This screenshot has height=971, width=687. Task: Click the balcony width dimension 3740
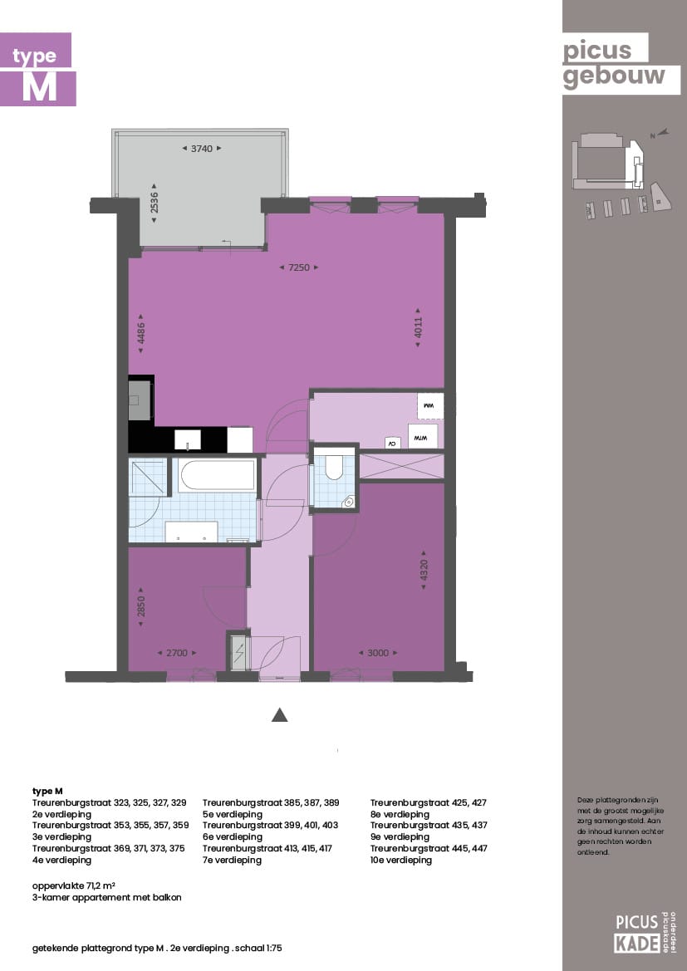[202, 149]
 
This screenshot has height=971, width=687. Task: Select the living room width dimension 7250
[299, 267]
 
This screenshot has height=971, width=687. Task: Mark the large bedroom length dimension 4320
[424, 571]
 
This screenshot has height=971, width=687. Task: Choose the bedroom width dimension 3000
[378, 653]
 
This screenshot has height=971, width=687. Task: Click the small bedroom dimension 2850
[141, 611]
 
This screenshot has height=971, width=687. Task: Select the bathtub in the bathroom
[217, 475]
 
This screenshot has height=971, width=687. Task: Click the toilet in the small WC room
[334, 466]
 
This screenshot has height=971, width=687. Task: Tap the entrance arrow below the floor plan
[280, 714]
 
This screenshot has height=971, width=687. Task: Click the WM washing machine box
[430, 405]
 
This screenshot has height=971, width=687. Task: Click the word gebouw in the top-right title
[615, 76]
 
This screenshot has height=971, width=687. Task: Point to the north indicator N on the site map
[653, 135]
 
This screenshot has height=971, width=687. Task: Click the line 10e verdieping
[401, 861]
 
